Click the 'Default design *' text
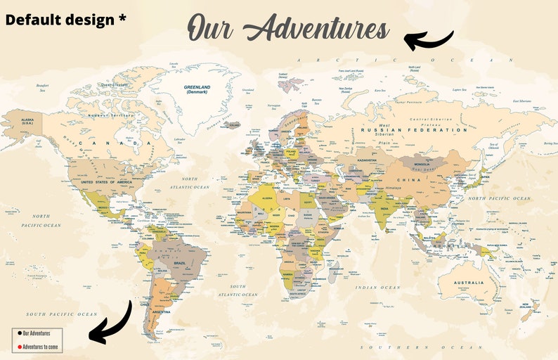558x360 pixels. coord(65,20)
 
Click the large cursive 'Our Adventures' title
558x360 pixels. coord(288,30)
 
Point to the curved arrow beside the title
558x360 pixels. coord(429,39)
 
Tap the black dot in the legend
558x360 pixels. coord(18,333)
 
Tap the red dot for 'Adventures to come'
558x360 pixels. coord(18,347)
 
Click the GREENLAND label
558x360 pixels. coord(197,89)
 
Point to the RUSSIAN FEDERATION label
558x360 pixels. coord(413,130)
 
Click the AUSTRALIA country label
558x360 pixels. coord(468,283)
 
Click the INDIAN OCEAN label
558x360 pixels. coord(377,288)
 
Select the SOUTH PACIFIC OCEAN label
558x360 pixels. coord(62,314)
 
